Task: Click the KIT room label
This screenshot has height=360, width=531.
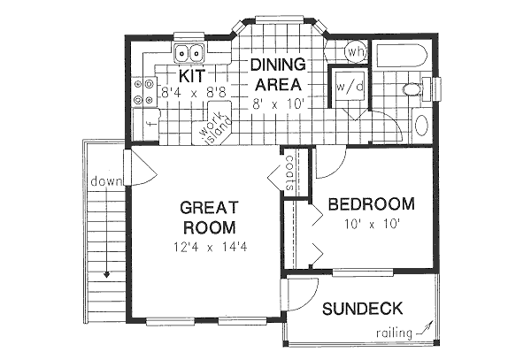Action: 192,74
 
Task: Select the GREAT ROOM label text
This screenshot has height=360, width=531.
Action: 209,218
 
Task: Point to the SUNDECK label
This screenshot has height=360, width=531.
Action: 362,309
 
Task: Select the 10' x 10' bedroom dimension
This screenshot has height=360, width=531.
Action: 372,224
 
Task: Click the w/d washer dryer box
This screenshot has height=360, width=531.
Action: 344,87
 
